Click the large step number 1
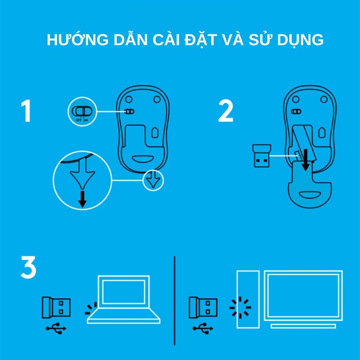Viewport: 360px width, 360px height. tap(26, 111)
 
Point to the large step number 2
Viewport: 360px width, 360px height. tap(226, 111)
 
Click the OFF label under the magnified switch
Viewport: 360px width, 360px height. tap(78, 120)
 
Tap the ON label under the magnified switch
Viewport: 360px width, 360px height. tap(86, 120)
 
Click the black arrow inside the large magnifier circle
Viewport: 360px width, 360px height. tap(82, 199)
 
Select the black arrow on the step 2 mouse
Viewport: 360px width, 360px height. tap(305, 160)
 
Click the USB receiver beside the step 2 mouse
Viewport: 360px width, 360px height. tap(262, 156)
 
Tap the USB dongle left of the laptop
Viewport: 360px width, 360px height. tap(56, 308)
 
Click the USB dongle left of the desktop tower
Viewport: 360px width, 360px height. tap(203, 308)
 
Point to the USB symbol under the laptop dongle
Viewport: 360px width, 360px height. tap(56, 328)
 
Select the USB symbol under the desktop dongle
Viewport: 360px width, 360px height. tap(203, 328)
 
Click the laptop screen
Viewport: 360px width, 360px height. tap(124, 292)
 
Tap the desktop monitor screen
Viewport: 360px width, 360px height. tap(303, 296)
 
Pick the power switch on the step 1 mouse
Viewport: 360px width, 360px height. tap(129, 112)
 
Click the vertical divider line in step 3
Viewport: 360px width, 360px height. tap(174, 301)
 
